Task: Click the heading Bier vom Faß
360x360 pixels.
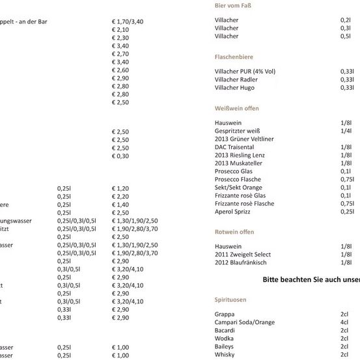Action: click(232, 6)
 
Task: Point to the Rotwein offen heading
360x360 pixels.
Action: click(234, 232)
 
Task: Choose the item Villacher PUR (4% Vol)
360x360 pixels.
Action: click(245, 71)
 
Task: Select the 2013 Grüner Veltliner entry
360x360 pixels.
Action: click(244, 139)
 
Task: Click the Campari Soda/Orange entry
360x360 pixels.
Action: click(245, 322)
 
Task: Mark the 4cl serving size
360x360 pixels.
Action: click(344, 322)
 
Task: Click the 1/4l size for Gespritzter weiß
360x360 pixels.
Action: click(346, 131)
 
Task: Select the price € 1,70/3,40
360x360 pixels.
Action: click(128, 21)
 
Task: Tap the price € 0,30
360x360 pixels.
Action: click(120, 156)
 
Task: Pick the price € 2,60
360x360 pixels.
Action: click(120, 70)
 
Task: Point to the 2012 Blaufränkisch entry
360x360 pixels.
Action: click(240, 262)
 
